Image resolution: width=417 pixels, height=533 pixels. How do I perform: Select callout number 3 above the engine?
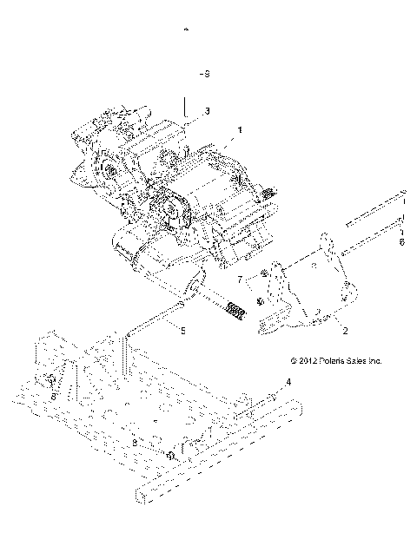[x=207, y=111]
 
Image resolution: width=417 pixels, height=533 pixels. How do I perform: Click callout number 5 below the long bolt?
[x=182, y=330]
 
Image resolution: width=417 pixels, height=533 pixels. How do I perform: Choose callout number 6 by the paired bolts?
[x=400, y=244]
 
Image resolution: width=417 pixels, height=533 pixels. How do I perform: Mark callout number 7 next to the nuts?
[x=239, y=280]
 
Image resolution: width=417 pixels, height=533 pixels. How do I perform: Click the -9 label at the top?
[x=204, y=75]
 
